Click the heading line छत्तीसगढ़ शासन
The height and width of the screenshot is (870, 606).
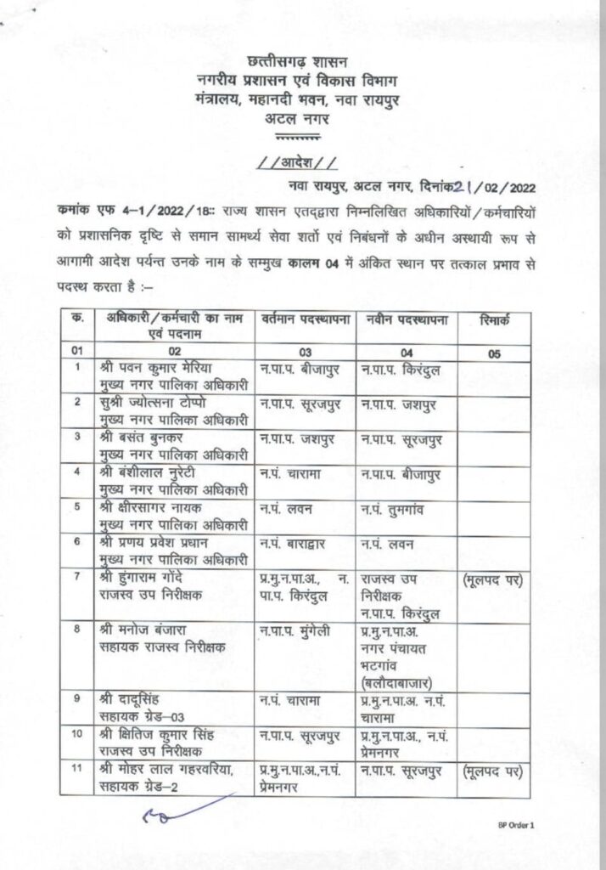[x=301, y=63]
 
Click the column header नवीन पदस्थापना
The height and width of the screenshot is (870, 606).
[x=408, y=319]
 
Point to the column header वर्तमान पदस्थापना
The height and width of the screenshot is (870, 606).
[x=306, y=319]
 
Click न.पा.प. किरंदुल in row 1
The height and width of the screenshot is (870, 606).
[x=403, y=369]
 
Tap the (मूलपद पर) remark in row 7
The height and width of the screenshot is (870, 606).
[x=493, y=580]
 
